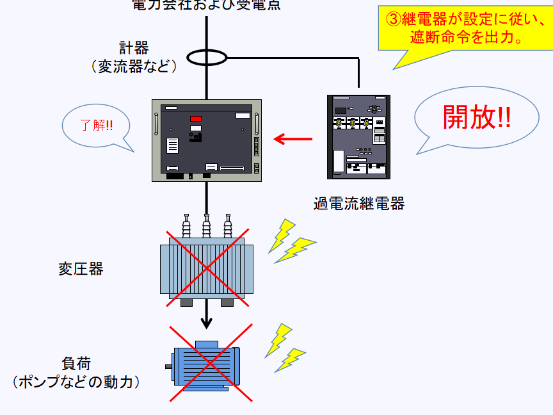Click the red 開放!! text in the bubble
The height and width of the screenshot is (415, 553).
point(477,117)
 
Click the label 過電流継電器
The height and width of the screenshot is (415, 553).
point(359,204)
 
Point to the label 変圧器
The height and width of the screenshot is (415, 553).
point(81,268)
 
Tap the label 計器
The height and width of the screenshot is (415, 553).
point(134,48)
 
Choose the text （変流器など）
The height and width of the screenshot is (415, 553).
point(134,66)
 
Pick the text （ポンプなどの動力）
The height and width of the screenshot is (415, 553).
point(76,382)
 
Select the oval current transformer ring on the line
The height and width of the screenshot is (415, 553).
point(207,58)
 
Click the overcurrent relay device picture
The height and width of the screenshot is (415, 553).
point(359,136)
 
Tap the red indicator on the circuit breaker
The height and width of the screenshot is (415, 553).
point(195,119)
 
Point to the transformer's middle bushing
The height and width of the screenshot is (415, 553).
point(206,226)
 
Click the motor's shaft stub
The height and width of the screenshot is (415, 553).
point(169,367)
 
